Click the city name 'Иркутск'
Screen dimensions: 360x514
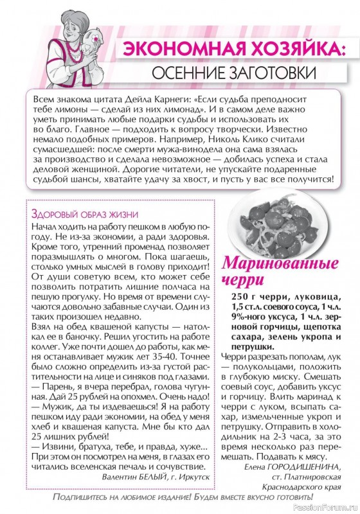(x=191, y=476)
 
